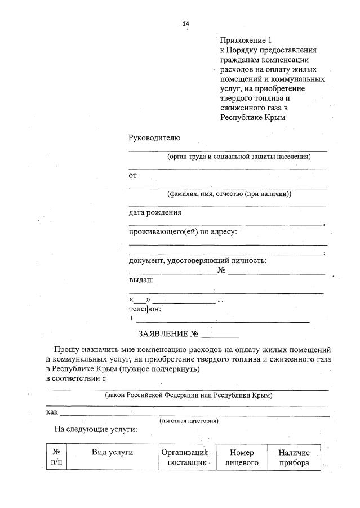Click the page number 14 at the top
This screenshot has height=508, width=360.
pyautogui.click(x=186, y=23)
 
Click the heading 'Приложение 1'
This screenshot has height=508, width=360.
pyautogui.click(x=246, y=40)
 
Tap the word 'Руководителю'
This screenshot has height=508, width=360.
pyautogui.click(x=154, y=138)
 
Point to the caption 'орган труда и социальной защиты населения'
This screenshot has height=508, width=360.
pyautogui.click(x=239, y=157)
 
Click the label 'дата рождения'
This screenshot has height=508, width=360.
pyautogui.click(x=155, y=213)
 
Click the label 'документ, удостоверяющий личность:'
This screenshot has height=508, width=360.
pyautogui.click(x=198, y=260)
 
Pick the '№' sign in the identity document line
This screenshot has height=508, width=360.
pyautogui.click(x=221, y=271)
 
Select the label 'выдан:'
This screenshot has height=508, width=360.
pyautogui.click(x=141, y=280)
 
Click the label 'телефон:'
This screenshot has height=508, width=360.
pyautogui.click(x=145, y=309)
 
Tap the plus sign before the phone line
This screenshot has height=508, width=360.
pyautogui.click(x=131, y=318)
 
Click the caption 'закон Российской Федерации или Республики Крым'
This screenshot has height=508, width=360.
pyautogui.click(x=189, y=395)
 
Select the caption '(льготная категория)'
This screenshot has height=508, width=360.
pyautogui.click(x=189, y=421)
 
